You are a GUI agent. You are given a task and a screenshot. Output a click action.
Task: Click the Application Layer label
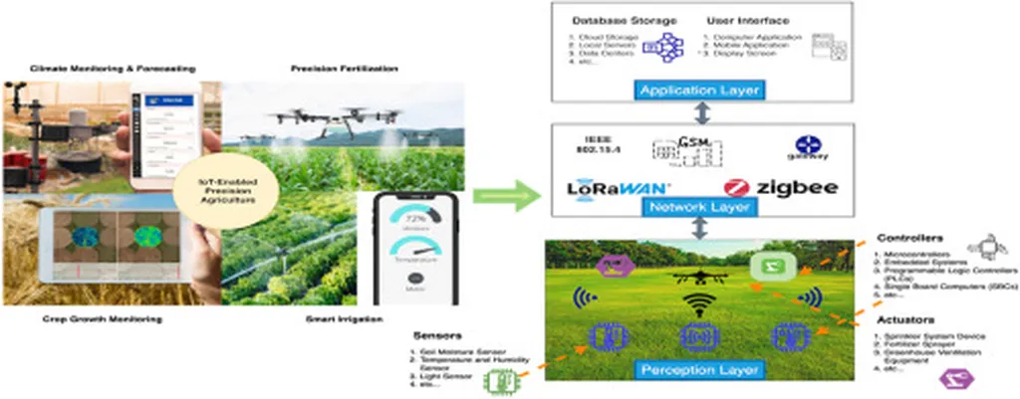click(699, 91)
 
